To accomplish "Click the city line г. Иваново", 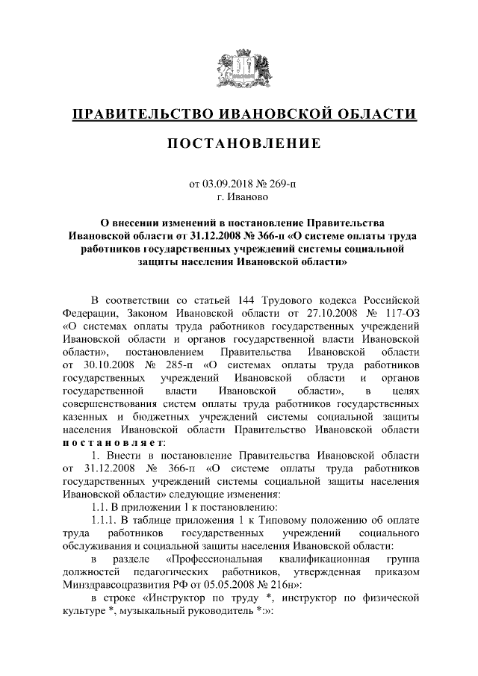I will click(239, 198).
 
